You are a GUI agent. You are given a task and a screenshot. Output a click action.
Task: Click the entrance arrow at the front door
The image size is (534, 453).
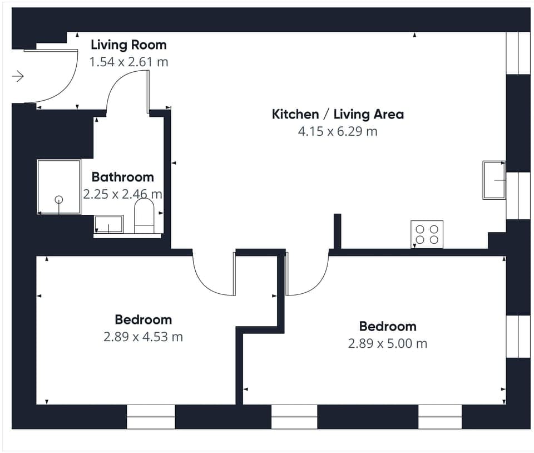18,76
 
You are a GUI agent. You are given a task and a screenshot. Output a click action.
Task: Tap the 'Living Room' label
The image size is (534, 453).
128,45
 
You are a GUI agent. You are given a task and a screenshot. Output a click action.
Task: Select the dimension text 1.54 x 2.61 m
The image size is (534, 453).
128,62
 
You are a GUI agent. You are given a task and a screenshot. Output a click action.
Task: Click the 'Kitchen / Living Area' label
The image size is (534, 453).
338,115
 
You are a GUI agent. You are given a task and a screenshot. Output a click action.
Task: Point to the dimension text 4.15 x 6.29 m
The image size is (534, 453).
338,132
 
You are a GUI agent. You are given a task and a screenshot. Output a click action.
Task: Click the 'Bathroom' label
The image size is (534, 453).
122,177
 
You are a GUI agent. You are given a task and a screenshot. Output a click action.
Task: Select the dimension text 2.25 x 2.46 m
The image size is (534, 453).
122,194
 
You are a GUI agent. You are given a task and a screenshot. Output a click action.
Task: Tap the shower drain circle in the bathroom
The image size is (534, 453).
58,200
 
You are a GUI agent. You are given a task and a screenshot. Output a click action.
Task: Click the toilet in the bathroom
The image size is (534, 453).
144,216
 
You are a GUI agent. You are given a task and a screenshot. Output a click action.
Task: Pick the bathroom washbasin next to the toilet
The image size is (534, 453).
108,224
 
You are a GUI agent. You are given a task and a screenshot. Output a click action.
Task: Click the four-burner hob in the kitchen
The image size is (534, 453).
427,234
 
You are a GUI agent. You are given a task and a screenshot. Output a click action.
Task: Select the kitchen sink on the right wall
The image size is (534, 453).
494,180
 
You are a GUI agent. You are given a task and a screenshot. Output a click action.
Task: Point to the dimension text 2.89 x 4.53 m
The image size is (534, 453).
143,337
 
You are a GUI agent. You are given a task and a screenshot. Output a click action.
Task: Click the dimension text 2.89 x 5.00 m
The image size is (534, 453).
388,343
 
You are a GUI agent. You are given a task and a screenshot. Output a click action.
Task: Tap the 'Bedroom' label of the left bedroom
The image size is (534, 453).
143,319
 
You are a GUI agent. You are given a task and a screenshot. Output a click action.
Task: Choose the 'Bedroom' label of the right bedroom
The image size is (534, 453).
388,326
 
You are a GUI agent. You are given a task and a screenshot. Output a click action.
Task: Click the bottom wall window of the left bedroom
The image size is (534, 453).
151,416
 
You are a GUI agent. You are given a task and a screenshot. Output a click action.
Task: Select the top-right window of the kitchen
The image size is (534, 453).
518,53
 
